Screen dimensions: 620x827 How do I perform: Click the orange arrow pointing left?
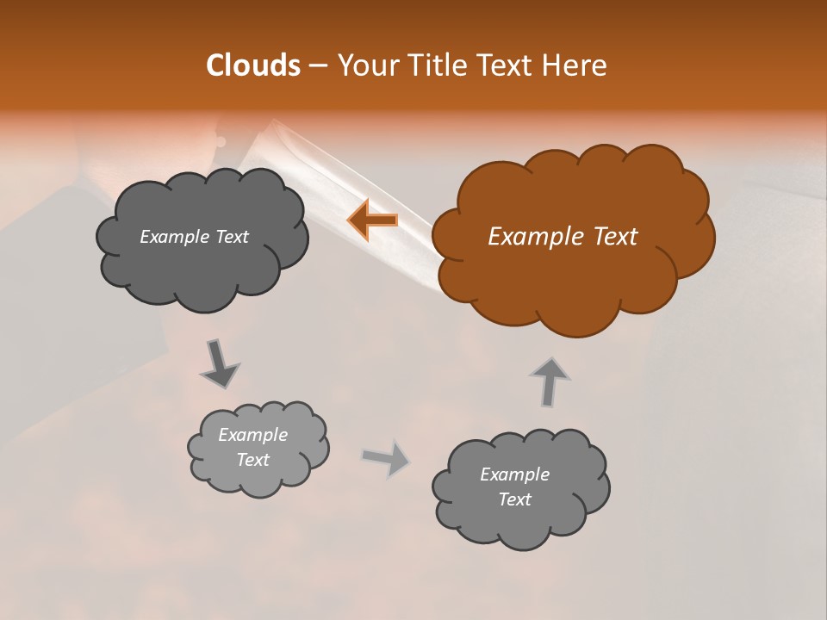click(x=372, y=220)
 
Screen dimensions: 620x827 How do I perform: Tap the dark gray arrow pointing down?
click(x=220, y=363)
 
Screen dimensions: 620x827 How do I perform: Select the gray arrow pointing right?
click(x=386, y=458)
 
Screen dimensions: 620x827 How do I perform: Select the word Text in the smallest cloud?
click(x=253, y=460)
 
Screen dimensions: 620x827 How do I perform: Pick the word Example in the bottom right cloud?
click(x=514, y=474)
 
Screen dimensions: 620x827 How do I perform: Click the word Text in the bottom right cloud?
click(x=514, y=499)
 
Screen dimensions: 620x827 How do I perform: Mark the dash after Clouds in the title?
click(x=317, y=65)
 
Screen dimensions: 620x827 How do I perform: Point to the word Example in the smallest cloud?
click(x=253, y=435)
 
